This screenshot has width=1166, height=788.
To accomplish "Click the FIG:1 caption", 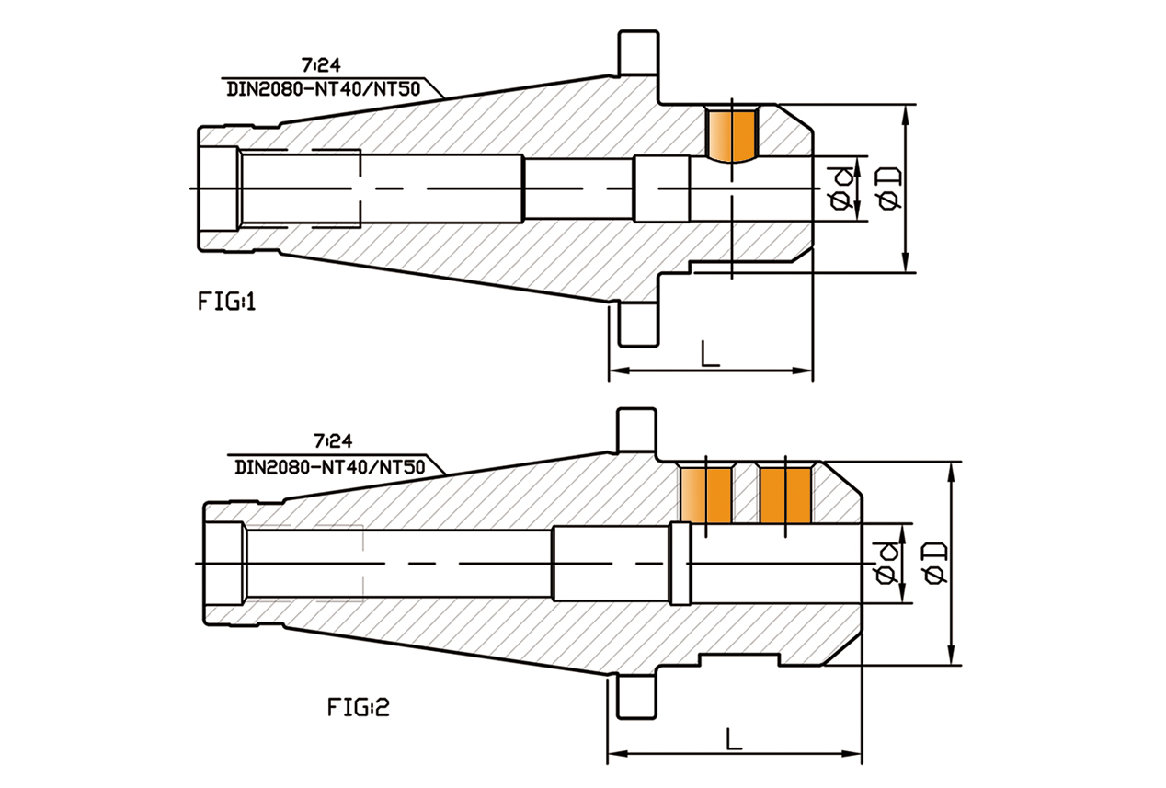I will click(x=225, y=301).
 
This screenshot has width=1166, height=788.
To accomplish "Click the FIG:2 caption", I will click(x=359, y=706).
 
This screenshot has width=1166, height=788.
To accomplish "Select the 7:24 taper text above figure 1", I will click(x=320, y=65).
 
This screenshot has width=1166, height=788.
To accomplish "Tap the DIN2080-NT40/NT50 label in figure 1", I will click(x=326, y=88).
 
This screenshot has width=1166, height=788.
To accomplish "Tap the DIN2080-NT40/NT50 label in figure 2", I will click(x=329, y=466).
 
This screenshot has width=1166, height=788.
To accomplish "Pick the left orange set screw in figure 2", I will click(x=705, y=495).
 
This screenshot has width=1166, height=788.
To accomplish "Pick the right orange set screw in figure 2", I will click(x=786, y=495).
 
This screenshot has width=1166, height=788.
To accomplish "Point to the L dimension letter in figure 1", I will click(x=709, y=353).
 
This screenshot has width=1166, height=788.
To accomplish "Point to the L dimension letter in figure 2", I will click(x=733, y=738).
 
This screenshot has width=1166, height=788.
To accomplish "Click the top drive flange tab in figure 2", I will click(x=635, y=430).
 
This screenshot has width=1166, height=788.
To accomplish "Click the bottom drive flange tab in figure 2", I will click(x=635, y=698).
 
